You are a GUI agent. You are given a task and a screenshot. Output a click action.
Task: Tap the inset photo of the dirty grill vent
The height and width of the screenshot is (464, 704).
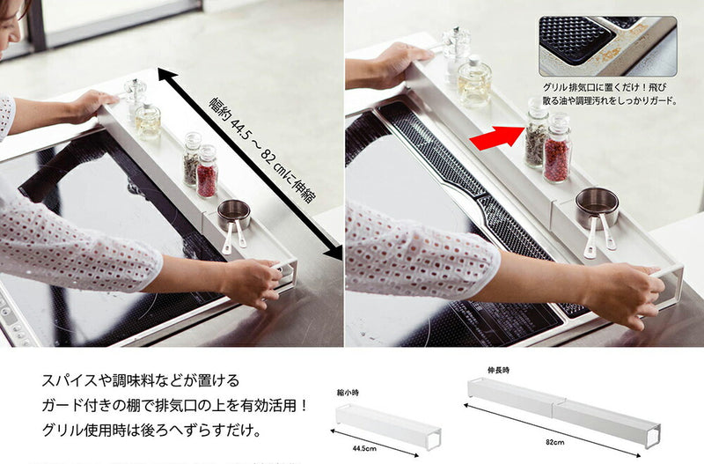(x=608, y=46)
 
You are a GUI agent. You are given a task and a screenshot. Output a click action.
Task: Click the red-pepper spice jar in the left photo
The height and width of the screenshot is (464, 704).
(x=207, y=172)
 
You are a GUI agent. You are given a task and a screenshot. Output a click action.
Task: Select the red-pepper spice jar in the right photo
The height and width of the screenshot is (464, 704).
(x=557, y=148)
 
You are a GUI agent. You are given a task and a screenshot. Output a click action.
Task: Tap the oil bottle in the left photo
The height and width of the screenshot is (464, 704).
(x=148, y=121)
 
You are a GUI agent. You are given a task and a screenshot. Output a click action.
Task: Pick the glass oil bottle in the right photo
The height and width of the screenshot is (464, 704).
(x=474, y=80)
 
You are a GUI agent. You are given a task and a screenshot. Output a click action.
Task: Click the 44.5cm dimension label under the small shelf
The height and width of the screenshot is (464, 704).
(x=364, y=447)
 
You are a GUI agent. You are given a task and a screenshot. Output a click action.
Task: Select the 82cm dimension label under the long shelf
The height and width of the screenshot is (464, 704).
(x=555, y=442)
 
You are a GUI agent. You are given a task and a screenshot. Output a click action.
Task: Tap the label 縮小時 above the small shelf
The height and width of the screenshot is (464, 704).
(x=348, y=393)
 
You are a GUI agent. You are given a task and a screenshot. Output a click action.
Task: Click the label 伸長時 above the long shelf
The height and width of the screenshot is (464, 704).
(x=498, y=371)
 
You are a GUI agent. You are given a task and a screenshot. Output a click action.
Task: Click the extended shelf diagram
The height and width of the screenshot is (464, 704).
(x=563, y=411)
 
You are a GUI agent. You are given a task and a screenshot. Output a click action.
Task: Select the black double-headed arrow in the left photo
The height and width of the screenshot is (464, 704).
(x=250, y=164)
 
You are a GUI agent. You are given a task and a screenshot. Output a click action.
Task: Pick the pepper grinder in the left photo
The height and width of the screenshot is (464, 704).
(x=135, y=96)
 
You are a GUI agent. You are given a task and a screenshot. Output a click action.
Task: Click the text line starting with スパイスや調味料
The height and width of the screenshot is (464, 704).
(x=141, y=380)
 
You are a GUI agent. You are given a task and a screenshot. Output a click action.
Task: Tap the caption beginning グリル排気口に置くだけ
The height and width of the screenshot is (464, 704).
(x=610, y=94)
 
